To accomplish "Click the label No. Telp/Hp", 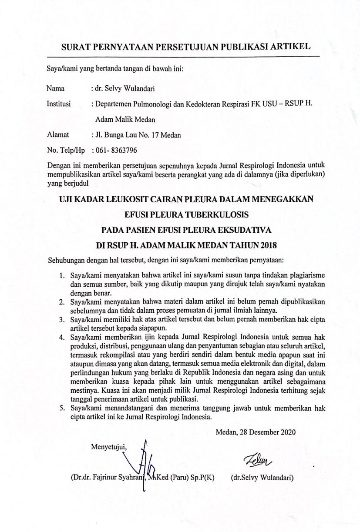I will coord(66,151).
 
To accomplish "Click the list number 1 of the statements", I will coord(62,276).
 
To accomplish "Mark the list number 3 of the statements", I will coord(62,320).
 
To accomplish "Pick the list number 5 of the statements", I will coord(62,408).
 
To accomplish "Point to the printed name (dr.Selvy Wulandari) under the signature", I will coord(262,477).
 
